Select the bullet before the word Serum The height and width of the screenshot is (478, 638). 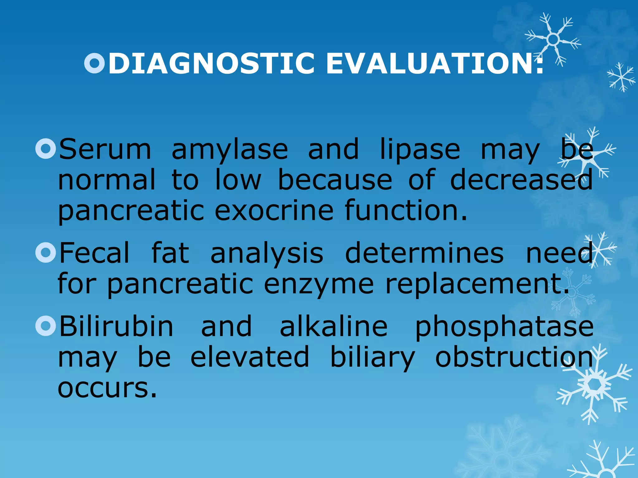coord(45,149)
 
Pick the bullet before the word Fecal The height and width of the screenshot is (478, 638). coord(45,252)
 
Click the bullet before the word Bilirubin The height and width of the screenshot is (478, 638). coord(45,326)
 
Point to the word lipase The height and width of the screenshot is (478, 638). coord(420,150)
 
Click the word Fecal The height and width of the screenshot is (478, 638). coord(94,253)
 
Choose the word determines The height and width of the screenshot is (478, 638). coord(424,253)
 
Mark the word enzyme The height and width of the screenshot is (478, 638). coord(318,285)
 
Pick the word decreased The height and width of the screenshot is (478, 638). coord(521,180)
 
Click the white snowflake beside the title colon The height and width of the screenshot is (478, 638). coord(553,39)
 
